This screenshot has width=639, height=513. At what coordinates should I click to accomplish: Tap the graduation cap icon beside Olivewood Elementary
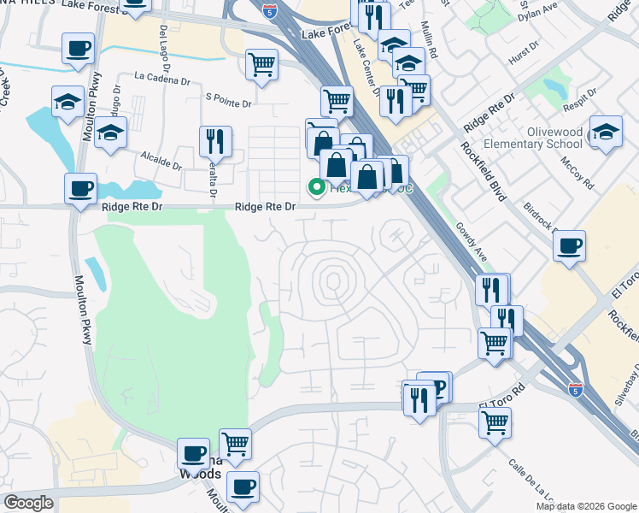(606, 132)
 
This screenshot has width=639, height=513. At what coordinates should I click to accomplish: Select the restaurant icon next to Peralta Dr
(216, 142)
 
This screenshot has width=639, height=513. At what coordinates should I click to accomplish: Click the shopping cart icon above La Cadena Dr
(261, 64)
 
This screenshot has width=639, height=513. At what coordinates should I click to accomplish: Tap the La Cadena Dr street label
(161, 80)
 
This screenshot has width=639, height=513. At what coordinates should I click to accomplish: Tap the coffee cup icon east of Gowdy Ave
(569, 245)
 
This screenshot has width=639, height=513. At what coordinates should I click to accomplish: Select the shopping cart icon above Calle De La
(495, 422)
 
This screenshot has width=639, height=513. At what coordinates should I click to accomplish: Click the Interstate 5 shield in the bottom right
(576, 389)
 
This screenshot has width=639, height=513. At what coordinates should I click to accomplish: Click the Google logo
(28, 503)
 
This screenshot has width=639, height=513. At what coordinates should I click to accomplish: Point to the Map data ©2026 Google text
(587, 506)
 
